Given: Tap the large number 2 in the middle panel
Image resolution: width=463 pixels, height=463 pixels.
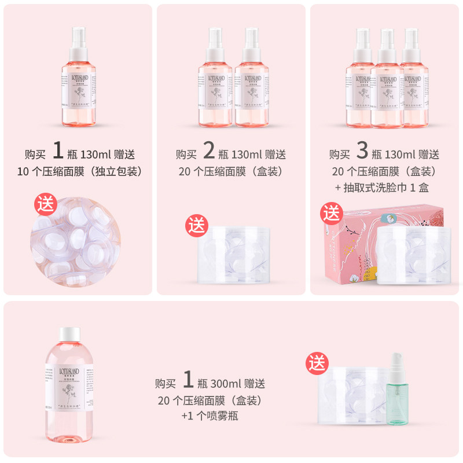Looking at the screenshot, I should [210, 152].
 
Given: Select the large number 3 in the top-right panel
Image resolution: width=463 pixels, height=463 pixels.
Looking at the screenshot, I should [362, 152].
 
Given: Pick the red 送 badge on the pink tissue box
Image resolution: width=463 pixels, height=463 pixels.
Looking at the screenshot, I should [332, 213].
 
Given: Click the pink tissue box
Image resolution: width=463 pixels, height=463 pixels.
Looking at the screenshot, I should [347, 249].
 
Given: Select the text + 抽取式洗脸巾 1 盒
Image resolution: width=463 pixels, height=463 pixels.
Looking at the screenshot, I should [384, 188].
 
